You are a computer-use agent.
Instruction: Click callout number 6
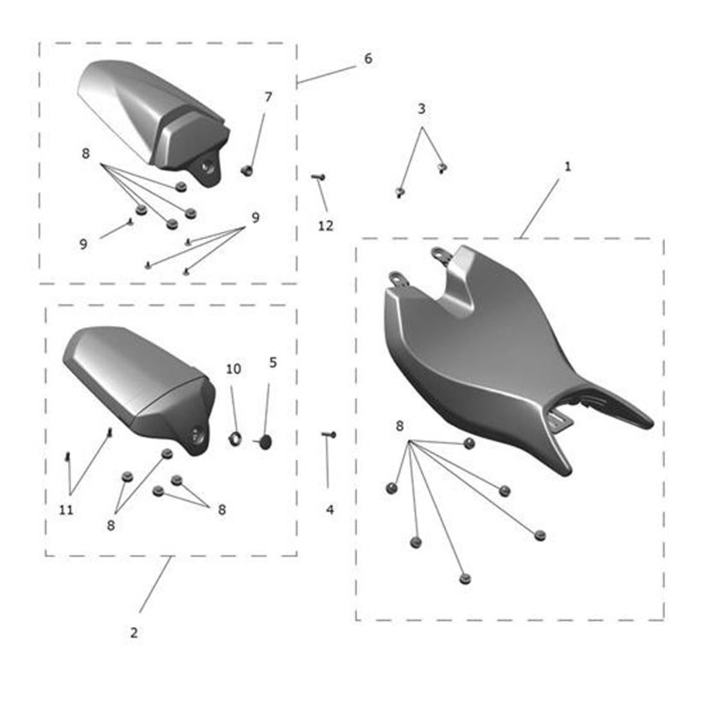[369, 58]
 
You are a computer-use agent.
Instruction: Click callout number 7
[268, 97]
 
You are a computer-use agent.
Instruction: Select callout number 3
[421, 109]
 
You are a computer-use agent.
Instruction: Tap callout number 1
[567, 167]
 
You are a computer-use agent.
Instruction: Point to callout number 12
[326, 226]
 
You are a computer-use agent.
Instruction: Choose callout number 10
[233, 369]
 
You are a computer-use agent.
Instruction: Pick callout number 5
[273, 363]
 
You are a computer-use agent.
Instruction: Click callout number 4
[330, 510]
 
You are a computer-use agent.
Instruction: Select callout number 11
[66, 510]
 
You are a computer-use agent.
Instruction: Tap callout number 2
[134, 633]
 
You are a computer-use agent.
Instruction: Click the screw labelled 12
[318, 177]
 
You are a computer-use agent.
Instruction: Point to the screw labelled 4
[329, 435]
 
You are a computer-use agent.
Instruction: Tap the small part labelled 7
[247, 170]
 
